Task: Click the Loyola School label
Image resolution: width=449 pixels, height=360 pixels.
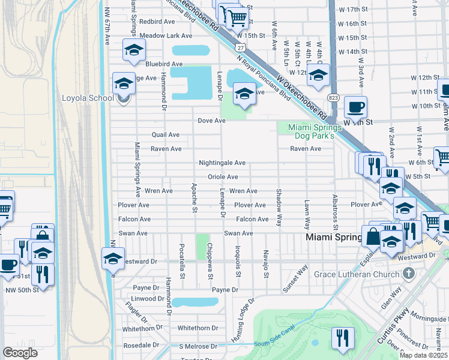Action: (x=88, y=98)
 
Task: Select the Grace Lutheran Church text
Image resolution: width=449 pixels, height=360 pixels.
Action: (x=356, y=275)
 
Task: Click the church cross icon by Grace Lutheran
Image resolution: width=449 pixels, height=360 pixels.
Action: (x=409, y=274)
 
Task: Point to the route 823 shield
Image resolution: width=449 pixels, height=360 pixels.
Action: (x=333, y=97)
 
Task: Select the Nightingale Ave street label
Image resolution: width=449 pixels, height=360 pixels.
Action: (x=223, y=163)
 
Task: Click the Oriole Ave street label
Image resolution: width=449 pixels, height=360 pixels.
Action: (x=223, y=177)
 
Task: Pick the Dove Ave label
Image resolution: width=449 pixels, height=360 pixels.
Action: (x=212, y=121)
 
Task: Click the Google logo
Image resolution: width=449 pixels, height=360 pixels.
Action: (x=20, y=353)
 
